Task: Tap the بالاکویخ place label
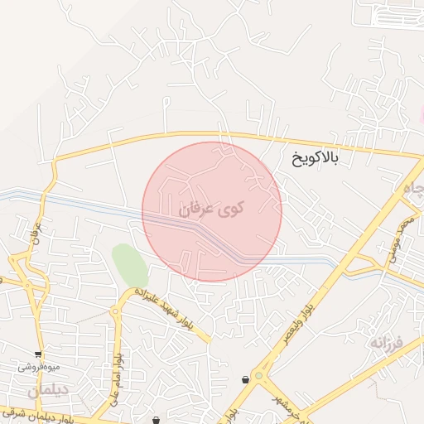click(326, 157)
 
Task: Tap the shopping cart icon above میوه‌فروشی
click(38, 354)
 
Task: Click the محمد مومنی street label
click(400, 240)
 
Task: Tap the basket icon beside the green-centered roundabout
click(245, 380)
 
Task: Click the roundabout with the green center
click(261, 376)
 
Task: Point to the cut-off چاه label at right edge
click(413, 190)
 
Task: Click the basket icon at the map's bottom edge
click(157, 420)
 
